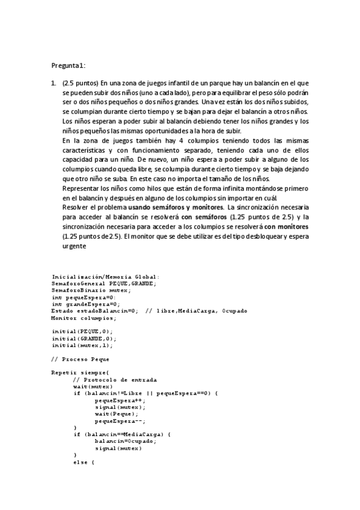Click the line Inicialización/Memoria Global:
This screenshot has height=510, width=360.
105,276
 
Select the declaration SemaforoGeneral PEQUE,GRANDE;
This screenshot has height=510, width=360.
104,283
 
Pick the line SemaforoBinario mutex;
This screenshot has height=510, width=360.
91,290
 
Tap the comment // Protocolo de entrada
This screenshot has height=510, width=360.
115,379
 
